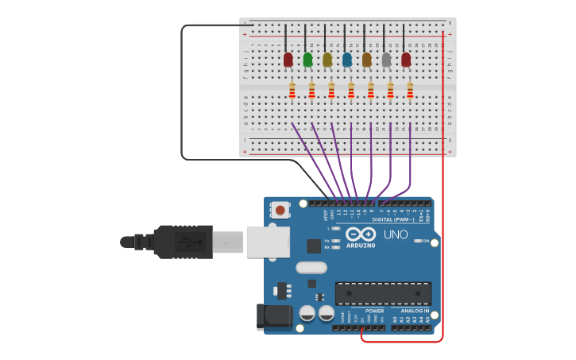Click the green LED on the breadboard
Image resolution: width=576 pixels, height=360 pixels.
(x=307, y=59)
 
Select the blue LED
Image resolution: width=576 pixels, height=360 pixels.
(x=346, y=59)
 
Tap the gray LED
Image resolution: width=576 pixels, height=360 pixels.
(x=386, y=59)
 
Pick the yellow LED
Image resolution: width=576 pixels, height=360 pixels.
(x=327, y=59)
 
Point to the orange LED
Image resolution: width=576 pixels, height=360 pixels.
(x=366, y=59)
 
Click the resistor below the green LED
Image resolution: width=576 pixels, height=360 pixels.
(x=311, y=91)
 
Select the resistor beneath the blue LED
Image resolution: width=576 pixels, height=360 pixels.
(x=351, y=91)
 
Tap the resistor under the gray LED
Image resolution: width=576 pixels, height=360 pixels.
(x=390, y=91)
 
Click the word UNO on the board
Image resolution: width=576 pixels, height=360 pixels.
(x=395, y=234)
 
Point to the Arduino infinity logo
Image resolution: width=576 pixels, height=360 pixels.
(x=360, y=234)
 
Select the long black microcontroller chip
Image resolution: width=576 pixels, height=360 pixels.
(x=383, y=293)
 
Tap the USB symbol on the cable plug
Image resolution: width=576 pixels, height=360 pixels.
(x=184, y=242)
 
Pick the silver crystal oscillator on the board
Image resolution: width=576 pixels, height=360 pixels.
(x=311, y=268)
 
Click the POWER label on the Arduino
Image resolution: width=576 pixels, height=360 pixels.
(x=374, y=311)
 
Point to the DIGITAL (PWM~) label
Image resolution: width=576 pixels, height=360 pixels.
(x=392, y=219)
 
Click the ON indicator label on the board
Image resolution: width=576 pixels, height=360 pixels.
(x=426, y=241)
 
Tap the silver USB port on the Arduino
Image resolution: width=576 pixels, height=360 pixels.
(x=267, y=242)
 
